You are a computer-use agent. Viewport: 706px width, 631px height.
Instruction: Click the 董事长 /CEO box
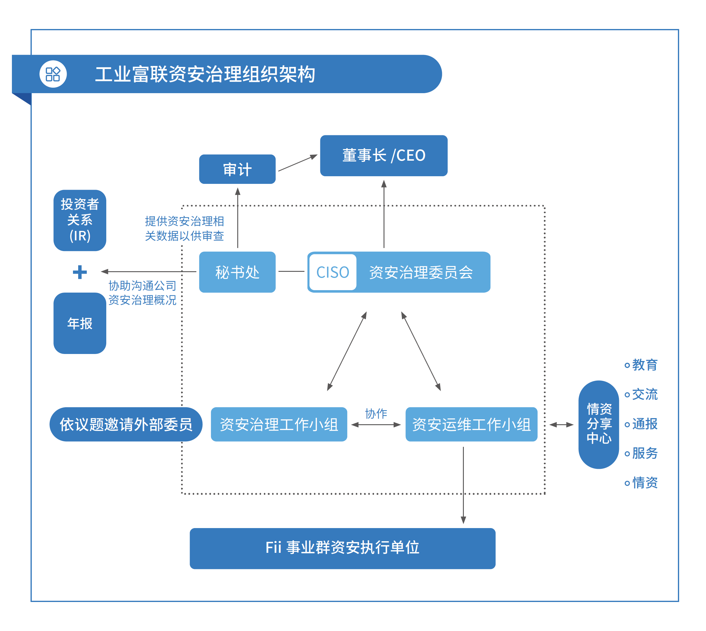384,156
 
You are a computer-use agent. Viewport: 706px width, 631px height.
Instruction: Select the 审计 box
237,169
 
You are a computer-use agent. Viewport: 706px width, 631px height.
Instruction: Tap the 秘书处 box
237,272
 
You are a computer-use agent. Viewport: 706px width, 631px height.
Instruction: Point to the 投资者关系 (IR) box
80,220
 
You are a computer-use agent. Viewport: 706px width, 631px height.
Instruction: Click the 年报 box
80,323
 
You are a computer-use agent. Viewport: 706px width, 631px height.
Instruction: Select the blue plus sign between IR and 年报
80,272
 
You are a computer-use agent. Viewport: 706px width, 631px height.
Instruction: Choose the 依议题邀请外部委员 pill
126,424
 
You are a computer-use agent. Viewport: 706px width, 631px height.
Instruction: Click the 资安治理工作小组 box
279,424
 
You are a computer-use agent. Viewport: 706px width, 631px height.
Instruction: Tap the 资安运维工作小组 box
471,424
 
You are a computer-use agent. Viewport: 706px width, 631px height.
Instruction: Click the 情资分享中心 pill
599,424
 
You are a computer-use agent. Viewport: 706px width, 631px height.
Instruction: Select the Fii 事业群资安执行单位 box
342,548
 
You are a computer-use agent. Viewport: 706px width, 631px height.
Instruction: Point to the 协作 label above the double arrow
376,413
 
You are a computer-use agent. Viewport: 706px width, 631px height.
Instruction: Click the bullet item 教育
644,365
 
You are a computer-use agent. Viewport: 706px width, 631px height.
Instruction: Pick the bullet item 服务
644,453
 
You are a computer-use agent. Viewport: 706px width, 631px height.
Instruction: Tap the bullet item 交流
644,394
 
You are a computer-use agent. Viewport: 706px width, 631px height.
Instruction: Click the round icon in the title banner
53,74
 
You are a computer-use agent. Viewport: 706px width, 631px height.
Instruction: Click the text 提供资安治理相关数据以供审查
184,228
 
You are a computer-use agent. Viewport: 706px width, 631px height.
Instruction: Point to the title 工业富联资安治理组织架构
205,74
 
